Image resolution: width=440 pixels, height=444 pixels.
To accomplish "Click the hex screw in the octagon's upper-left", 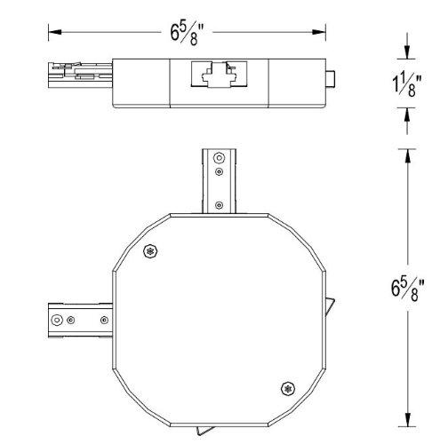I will (x=149, y=251).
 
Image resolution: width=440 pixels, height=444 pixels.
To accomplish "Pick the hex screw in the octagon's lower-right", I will (x=286, y=387).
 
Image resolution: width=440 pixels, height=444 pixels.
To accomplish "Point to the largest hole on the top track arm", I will (x=219, y=160).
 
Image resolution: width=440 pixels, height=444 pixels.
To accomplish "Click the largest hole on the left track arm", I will (x=58, y=318).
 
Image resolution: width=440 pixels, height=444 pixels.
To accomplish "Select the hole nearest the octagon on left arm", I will (x=105, y=318).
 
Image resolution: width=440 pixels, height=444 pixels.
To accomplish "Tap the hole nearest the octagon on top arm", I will (x=219, y=206).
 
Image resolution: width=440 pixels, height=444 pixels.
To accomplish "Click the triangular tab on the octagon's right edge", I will (x=332, y=307).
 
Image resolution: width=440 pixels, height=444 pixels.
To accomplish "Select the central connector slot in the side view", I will (x=217, y=76).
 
